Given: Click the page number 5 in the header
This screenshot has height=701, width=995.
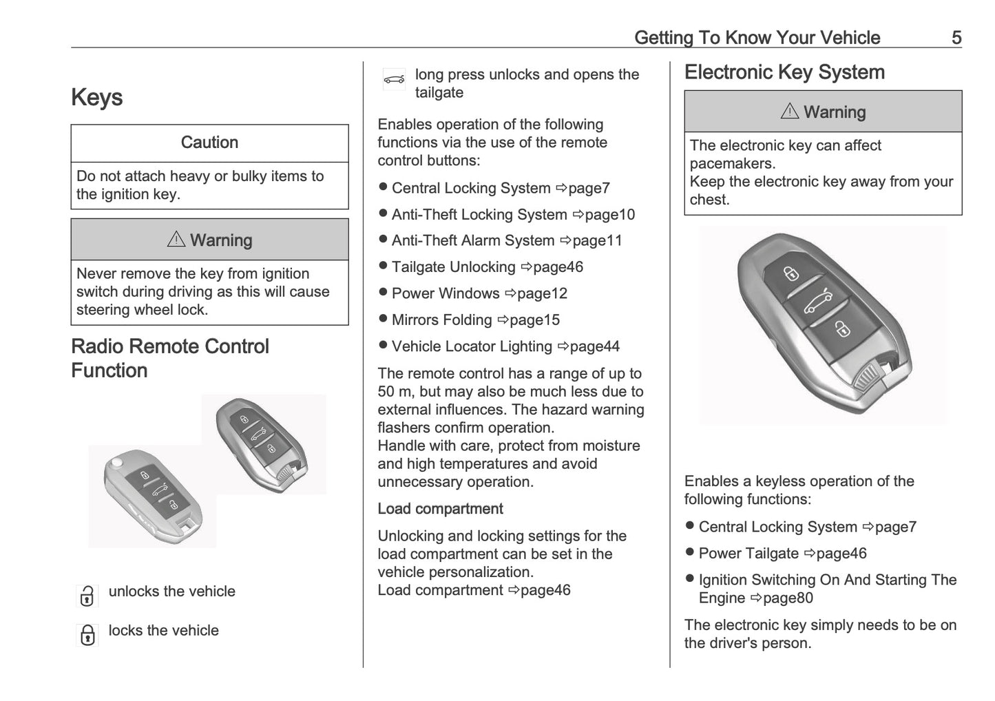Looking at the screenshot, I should point(956,37).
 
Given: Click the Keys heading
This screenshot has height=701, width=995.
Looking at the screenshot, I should point(96,98).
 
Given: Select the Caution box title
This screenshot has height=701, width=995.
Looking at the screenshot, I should point(209,143).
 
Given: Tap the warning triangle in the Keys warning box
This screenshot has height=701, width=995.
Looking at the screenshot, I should point(176,239).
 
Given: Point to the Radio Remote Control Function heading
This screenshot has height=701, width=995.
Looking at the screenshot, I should point(169,358).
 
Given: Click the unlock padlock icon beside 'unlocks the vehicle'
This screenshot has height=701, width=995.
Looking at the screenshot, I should point(87,596).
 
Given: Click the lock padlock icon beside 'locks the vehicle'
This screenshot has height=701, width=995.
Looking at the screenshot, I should point(87,634).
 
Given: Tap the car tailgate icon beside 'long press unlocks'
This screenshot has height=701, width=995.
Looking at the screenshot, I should point(394,79).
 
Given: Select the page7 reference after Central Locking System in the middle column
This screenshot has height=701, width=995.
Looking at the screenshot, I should point(583,188).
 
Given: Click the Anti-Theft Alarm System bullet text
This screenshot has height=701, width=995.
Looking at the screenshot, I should point(472,240).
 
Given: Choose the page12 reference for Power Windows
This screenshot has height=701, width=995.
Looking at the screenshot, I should point(536,293).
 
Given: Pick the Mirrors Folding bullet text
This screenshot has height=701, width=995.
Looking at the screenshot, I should point(441,320).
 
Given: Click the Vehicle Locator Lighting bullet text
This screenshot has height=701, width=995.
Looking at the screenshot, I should point(472,346).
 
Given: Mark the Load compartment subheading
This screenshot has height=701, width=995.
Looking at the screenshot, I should point(440,509).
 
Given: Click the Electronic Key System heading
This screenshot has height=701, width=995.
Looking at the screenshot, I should point(784,72).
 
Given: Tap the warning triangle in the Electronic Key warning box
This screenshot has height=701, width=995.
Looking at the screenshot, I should point(789,111).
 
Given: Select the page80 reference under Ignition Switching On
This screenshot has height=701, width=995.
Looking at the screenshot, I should point(782,598).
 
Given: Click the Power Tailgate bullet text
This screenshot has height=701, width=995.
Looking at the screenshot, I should point(748,554).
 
